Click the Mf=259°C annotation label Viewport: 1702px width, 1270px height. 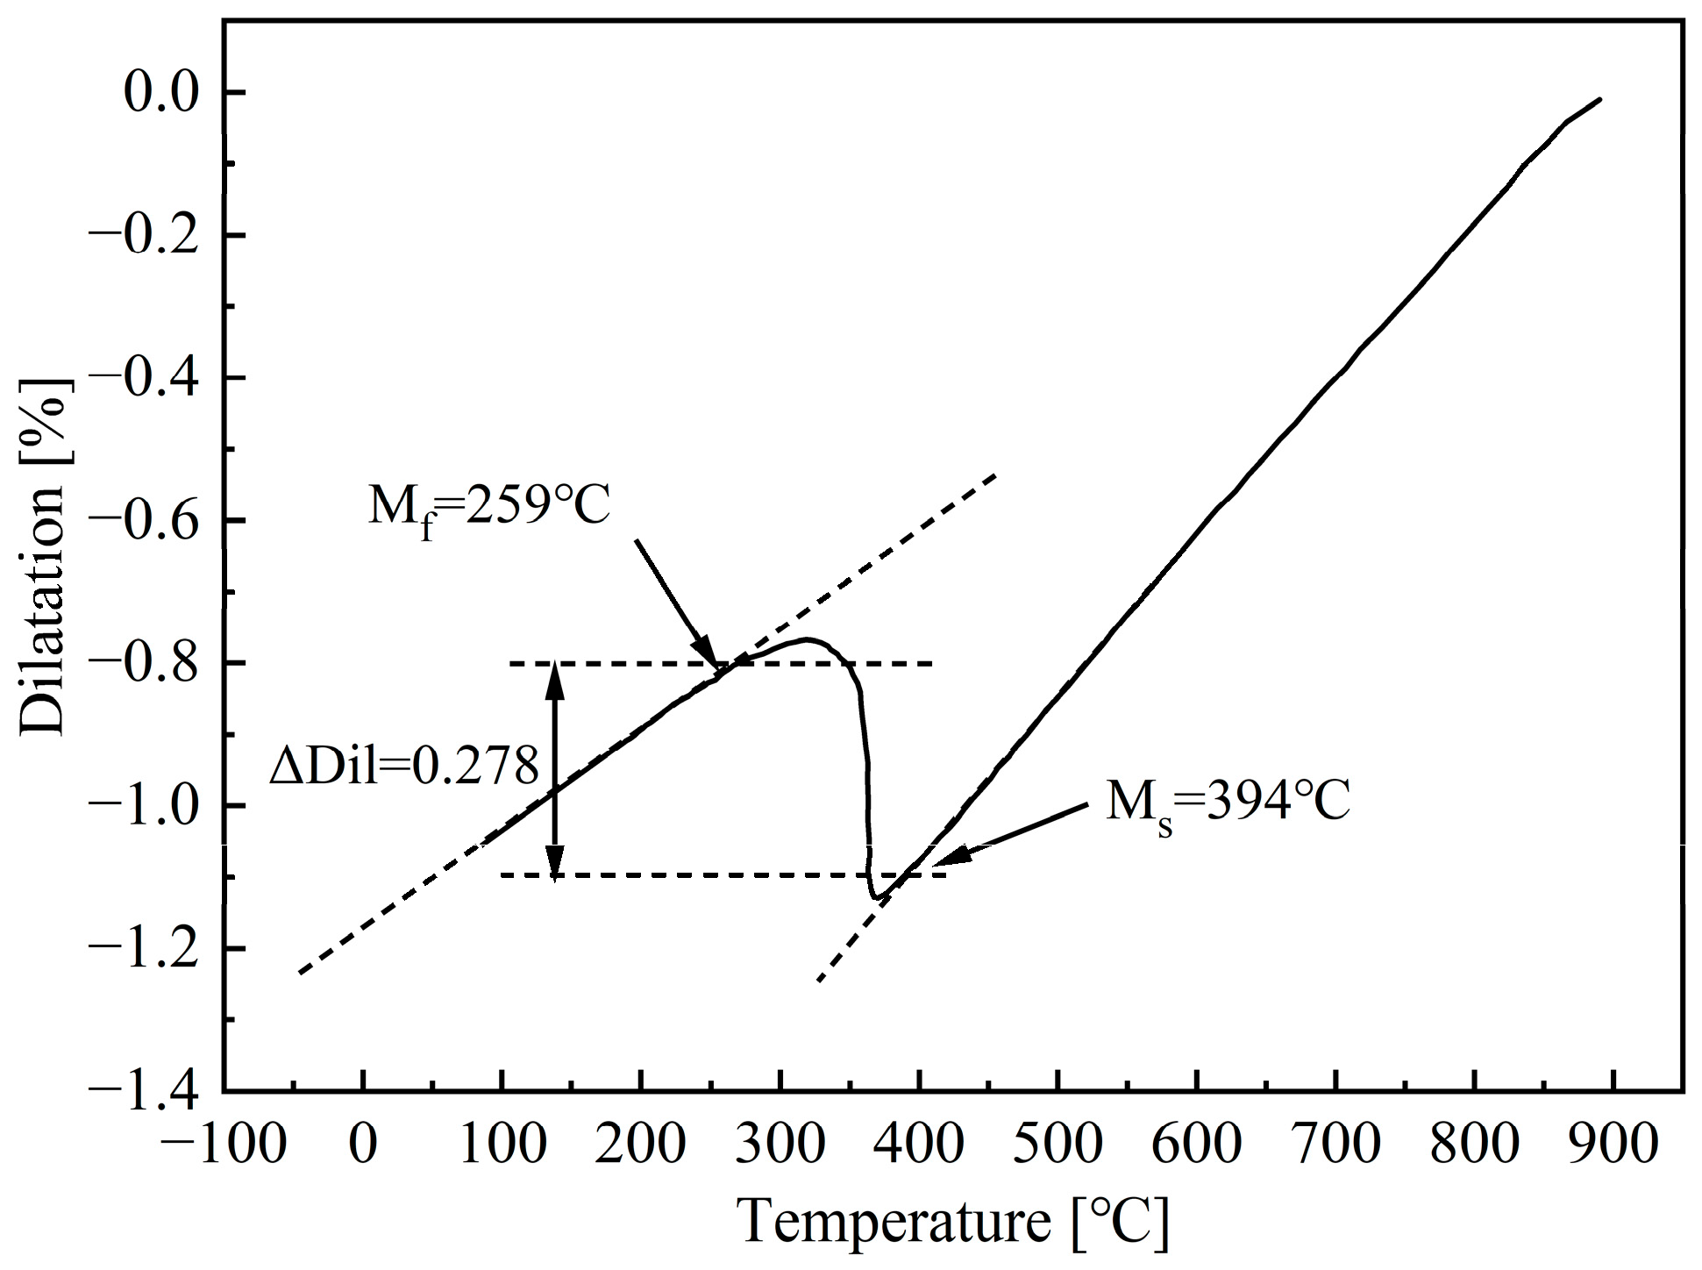click(x=488, y=508)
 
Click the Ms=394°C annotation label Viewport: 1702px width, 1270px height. click(x=1227, y=803)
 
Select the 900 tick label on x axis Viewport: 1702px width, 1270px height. click(x=1613, y=1145)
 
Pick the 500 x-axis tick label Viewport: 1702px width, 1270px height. click(x=1058, y=1145)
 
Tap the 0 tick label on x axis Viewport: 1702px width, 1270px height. click(x=362, y=1145)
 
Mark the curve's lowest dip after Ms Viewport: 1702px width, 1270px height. click(x=875, y=897)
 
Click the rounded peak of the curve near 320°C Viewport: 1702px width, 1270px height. click(x=807, y=639)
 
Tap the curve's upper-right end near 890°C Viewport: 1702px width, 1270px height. click(x=1600, y=100)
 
